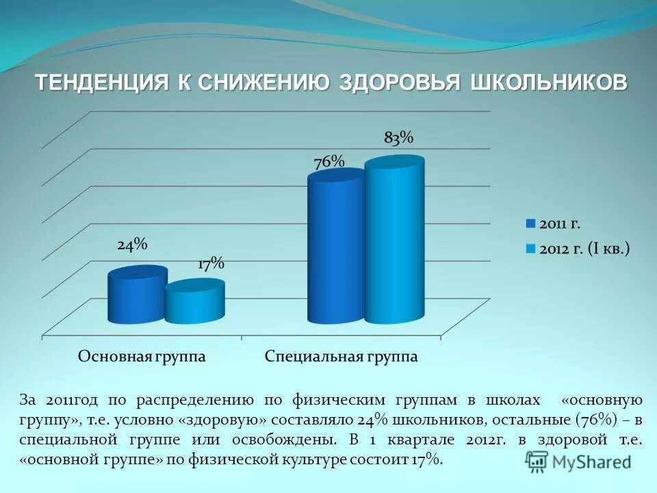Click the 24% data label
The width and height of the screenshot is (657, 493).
pos(132,245)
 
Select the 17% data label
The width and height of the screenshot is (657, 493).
pos(211,264)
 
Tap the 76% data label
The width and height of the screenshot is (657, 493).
pos(328,162)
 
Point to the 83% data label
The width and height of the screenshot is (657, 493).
pos(399,138)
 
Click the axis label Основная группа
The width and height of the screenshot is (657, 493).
pos(142,357)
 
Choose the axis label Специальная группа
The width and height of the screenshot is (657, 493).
pos(342,357)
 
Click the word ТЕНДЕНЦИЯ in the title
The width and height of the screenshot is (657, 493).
pos(102,83)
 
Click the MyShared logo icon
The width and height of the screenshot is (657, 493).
pos(537,460)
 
